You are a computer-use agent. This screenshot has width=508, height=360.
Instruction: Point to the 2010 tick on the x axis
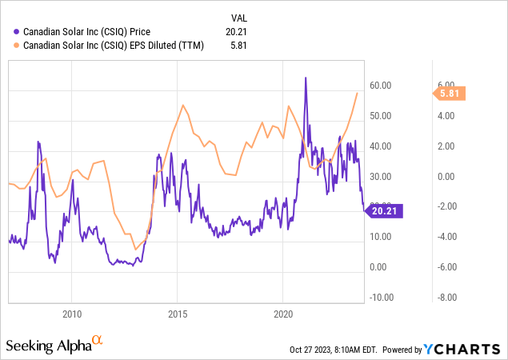[x=72, y=314]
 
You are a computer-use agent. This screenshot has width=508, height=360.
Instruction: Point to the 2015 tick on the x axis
[x=178, y=314]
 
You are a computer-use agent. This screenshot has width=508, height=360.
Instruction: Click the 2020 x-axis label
[x=284, y=314]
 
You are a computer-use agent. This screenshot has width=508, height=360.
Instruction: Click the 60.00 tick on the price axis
[x=380, y=86]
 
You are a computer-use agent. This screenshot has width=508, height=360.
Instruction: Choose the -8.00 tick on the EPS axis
[x=445, y=298]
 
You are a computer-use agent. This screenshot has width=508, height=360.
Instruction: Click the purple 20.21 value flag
[x=383, y=211]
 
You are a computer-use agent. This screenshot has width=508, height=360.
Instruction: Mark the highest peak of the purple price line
[x=306, y=78]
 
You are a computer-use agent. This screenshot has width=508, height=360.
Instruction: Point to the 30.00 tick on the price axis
[x=380, y=177]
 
